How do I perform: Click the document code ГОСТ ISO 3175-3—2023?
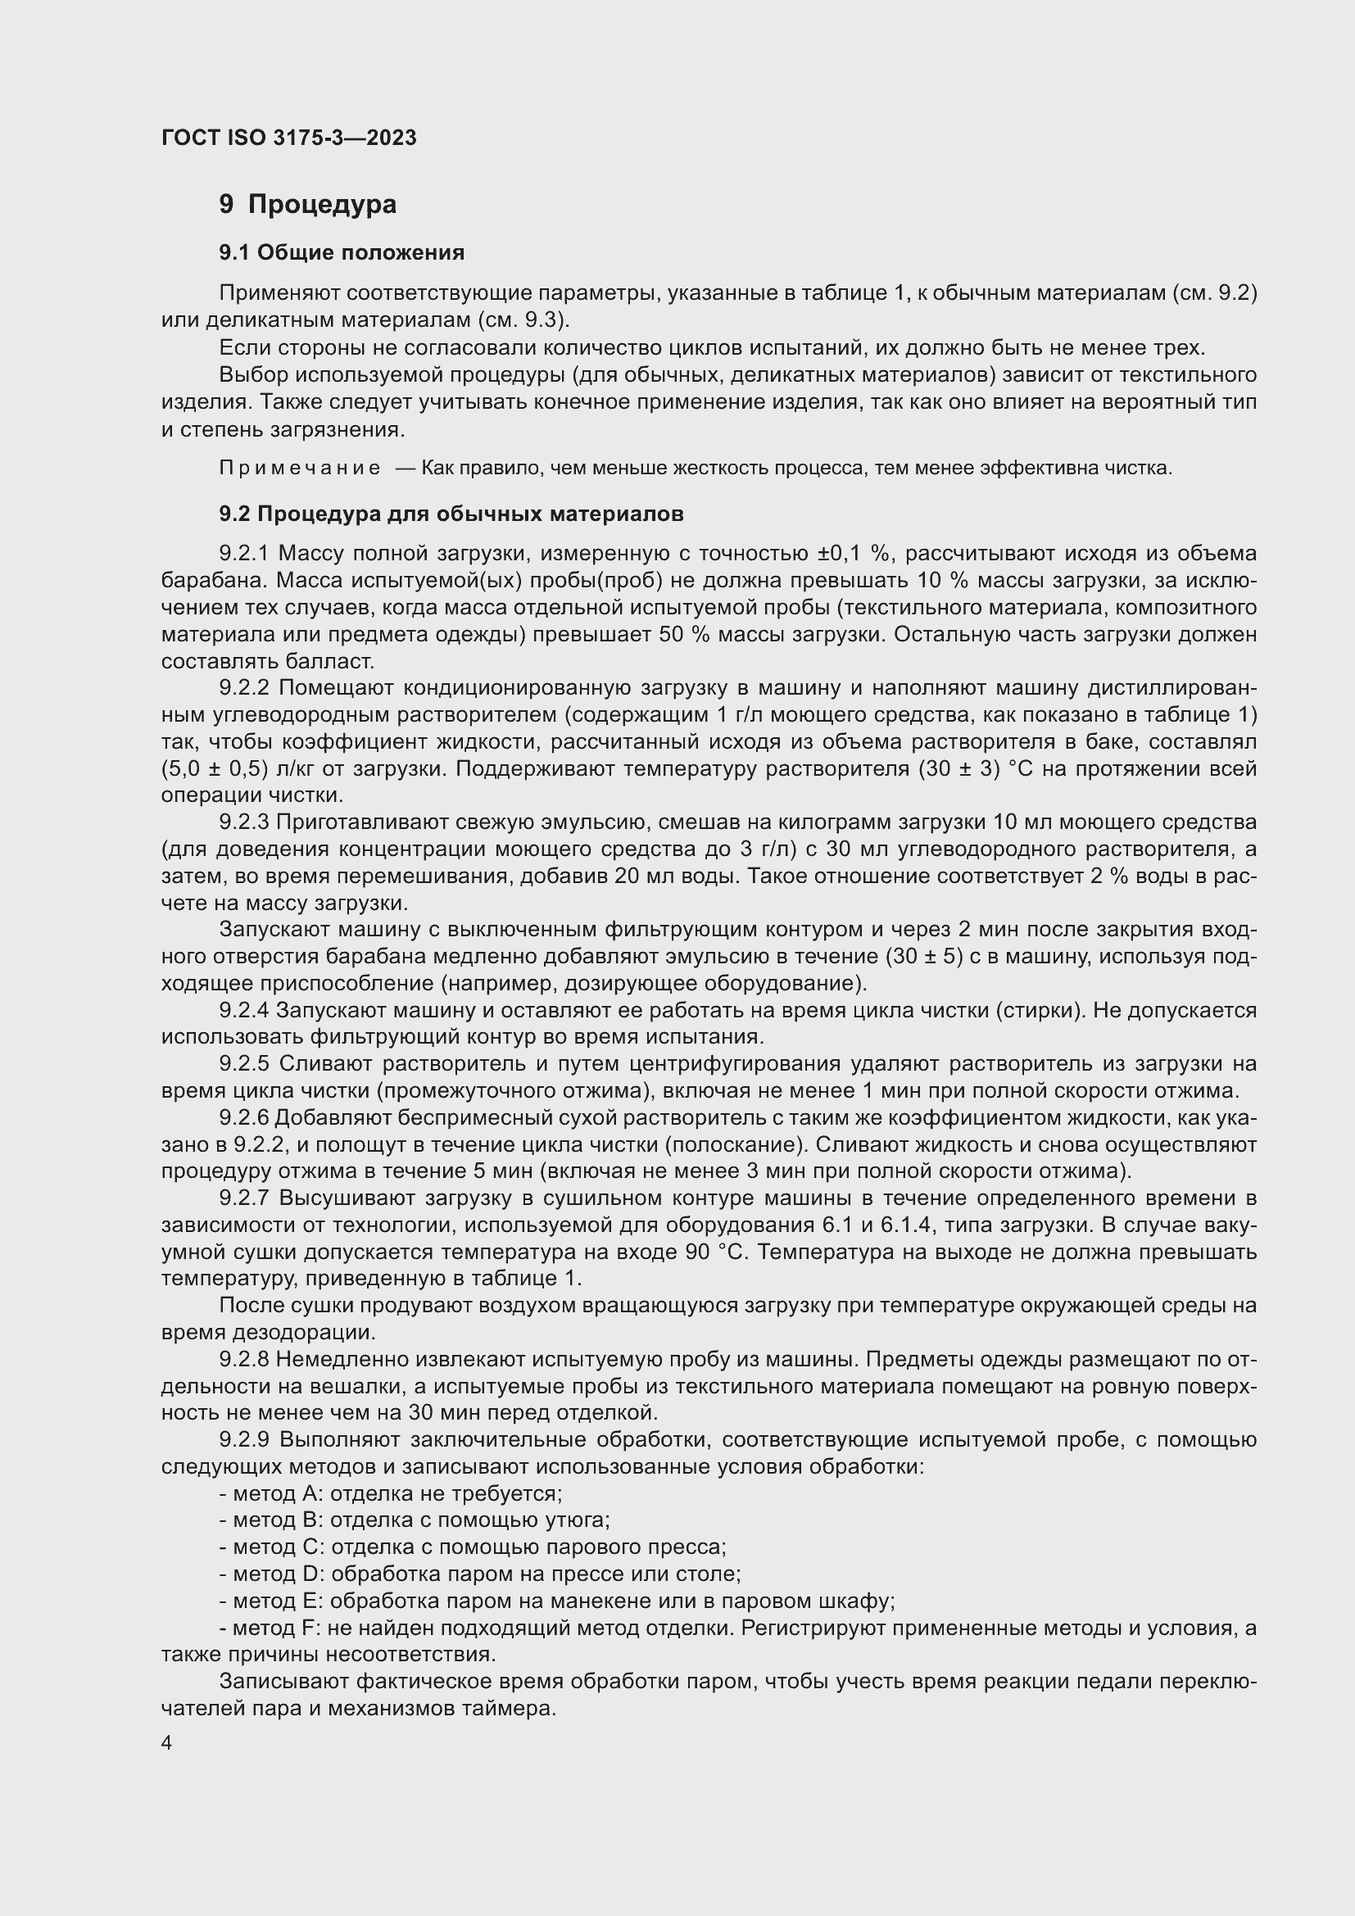pyautogui.click(x=288, y=138)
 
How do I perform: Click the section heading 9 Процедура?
pyautogui.click(x=308, y=205)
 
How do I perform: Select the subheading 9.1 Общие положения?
pyautogui.click(x=342, y=252)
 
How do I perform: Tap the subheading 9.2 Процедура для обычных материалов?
pyautogui.click(x=451, y=514)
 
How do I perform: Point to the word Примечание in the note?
pyautogui.click(x=300, y=469)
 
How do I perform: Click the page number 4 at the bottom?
pyautogui.click(x=167, y=1743)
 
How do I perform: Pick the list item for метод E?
pyautogui.click(x=557, y=1601)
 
